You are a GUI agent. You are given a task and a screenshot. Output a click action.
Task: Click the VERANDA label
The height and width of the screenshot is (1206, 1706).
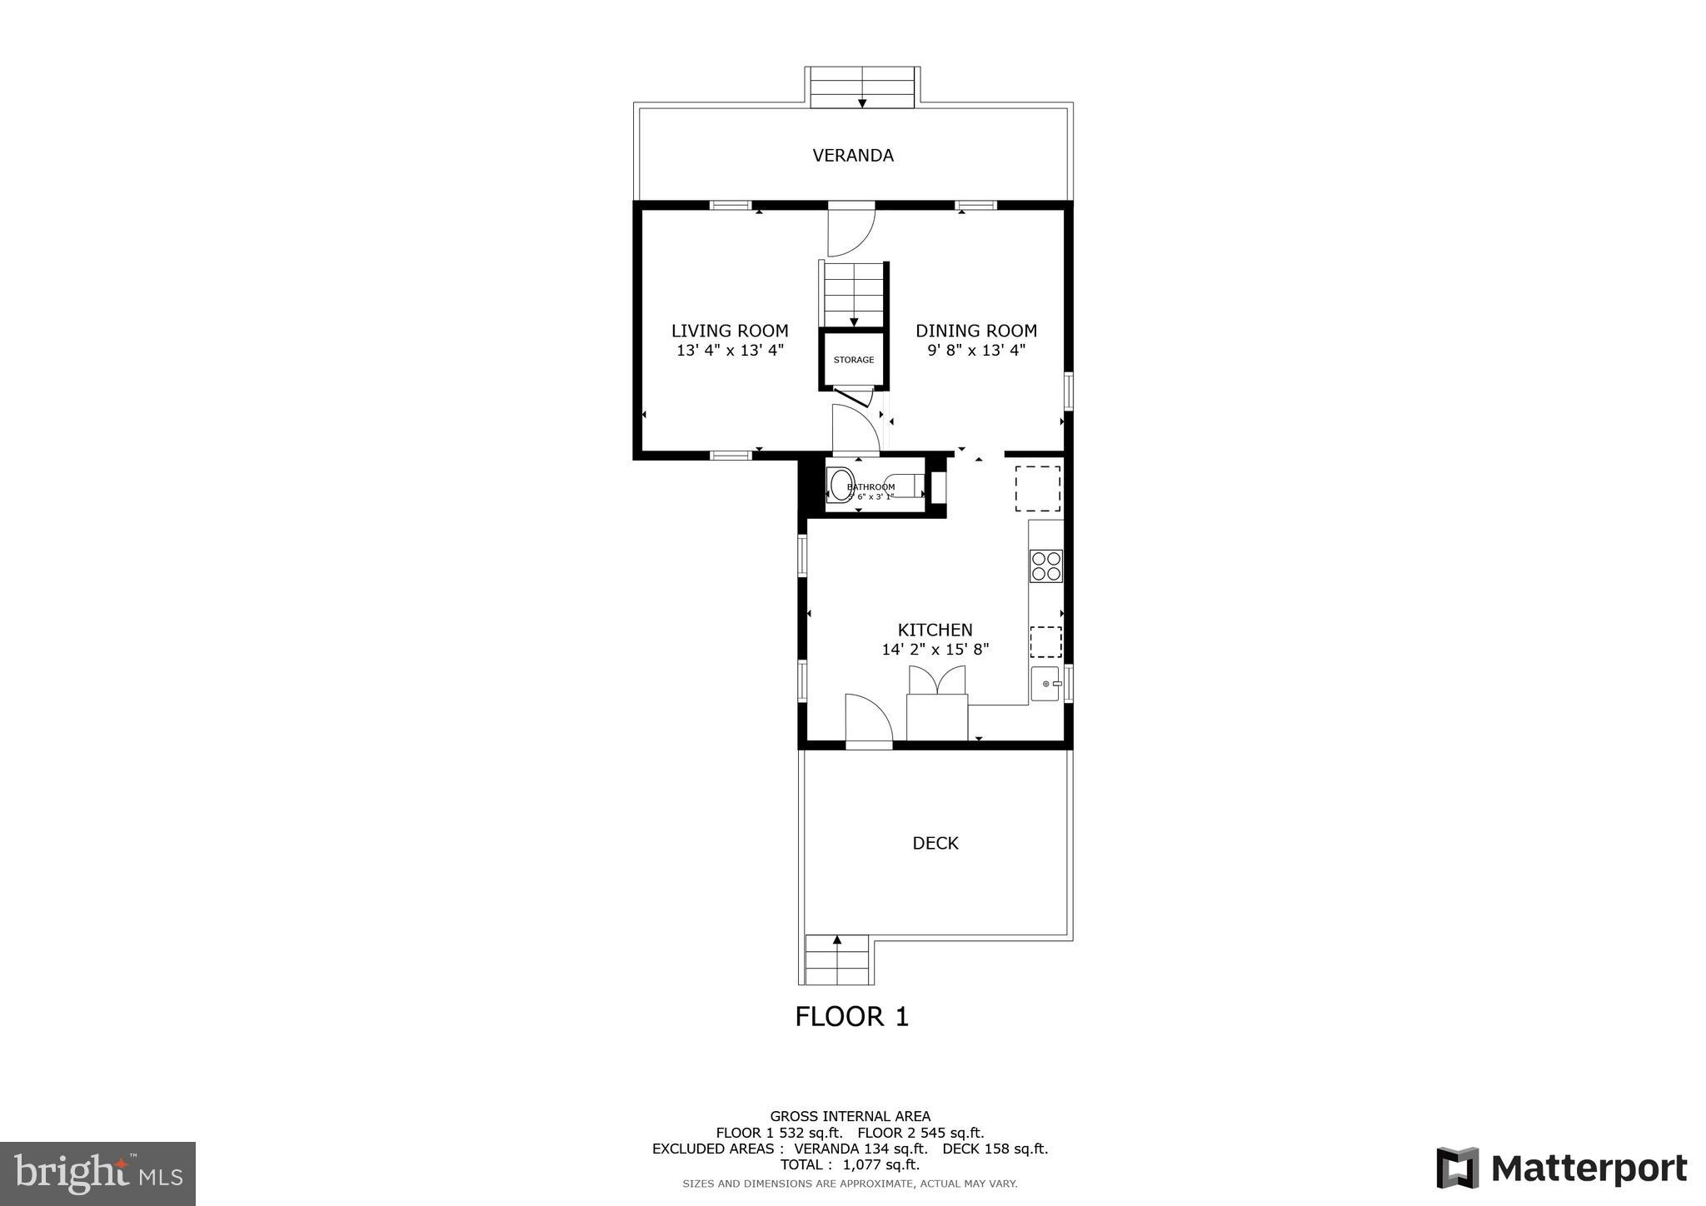point(853,156)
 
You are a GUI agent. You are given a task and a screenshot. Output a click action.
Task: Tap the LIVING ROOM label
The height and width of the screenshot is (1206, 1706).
point(730,331)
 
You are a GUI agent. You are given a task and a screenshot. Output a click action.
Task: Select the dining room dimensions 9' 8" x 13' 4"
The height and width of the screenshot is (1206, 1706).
point(976,351)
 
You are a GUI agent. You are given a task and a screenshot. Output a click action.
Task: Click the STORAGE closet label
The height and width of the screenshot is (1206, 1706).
point(854,360)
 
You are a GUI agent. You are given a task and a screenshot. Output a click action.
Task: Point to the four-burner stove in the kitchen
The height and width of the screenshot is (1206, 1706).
point(1046,566)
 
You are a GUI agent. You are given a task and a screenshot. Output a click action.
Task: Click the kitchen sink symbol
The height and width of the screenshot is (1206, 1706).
point(1046,684)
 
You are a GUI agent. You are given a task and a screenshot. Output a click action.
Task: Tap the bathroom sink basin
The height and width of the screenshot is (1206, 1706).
point(839,485)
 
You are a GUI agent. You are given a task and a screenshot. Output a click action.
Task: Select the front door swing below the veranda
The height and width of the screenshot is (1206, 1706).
point(849,232)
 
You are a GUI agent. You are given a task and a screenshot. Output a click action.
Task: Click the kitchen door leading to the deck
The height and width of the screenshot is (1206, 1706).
point(868,719)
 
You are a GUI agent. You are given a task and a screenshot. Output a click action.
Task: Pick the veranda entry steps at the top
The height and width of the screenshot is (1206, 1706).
point(862,87)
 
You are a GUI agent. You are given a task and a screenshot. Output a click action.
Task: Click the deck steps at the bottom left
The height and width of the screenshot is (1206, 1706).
point(837,960)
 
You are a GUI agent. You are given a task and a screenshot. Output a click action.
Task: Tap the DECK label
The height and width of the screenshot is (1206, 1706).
point(935,844)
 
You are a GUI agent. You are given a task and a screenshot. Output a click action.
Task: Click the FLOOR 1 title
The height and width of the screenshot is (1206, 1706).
point(851,1017)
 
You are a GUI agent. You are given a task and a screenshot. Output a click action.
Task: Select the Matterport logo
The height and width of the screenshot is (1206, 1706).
point(1561,1169)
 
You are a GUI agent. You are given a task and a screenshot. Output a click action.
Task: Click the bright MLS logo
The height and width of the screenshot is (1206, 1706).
point(98,1174)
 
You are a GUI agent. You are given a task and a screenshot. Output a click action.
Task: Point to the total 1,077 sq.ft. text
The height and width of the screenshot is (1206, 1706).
point(850,1164)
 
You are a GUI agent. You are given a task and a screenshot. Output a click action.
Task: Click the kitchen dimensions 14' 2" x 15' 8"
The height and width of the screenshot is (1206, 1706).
point(935,650)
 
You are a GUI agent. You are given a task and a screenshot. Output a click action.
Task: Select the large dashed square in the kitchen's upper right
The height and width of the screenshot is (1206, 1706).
point(1037,489)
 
